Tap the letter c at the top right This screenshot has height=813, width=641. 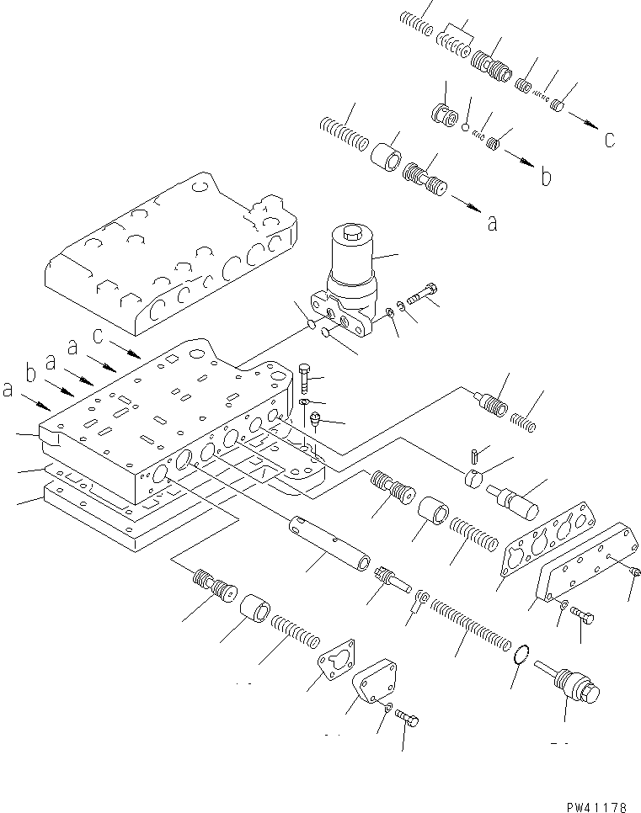609,140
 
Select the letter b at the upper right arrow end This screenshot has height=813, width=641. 546,178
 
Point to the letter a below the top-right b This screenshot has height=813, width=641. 492,223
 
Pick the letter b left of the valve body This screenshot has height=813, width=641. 31,372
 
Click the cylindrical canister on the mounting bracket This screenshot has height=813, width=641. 352,259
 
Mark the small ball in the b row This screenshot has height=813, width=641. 464,127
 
